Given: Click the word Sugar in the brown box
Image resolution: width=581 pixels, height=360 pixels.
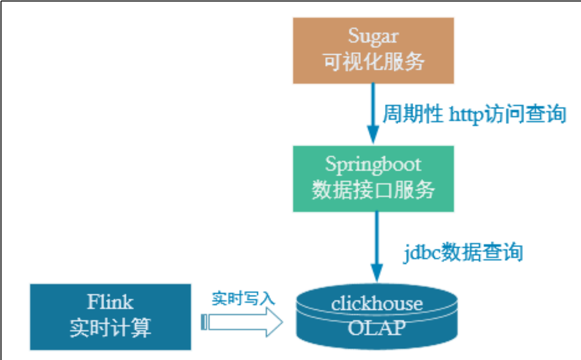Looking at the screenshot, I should coord(373,36).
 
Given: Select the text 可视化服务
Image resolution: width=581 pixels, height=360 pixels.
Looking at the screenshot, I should coord(373,62).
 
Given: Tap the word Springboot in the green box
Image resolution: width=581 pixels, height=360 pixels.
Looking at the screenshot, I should coord(373,165).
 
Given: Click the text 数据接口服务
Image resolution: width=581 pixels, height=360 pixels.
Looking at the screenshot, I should coord(373,190).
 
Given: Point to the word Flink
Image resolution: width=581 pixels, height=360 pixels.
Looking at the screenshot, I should coord(110,302).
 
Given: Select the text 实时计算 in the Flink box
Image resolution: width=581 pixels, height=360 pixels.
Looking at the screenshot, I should coord(110,328).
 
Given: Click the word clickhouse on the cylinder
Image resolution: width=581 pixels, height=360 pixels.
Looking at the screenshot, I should coord(377,304).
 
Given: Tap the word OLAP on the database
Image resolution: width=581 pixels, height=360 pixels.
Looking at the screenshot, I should coord(377,328).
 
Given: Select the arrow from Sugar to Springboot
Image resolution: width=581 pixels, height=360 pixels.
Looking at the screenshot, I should coord(373,109).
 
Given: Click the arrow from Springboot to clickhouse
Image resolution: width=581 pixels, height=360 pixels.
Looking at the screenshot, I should coord(376,243).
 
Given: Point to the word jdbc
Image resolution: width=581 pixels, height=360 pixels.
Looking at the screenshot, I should coord(421,252).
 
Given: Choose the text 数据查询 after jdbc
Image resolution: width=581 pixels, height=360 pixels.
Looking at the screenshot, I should coord(481,252).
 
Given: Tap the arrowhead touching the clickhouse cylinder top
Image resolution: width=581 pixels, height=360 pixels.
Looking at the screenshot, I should coord(376,273).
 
